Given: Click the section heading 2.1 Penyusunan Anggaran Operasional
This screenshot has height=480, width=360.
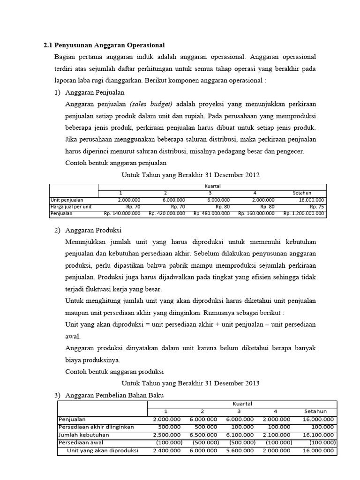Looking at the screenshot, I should [104, 45].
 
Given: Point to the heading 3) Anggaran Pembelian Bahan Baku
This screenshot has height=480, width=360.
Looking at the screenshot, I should [109, 395].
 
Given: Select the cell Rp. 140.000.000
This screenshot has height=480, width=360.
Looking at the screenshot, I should [122, 213].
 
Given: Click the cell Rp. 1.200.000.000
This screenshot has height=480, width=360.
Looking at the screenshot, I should [303, 213].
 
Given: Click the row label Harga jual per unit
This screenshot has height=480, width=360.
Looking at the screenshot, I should [71, 206].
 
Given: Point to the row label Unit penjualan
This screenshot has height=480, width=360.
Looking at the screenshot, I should [67, 200].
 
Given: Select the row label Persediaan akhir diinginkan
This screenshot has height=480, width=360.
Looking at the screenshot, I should [96, 427].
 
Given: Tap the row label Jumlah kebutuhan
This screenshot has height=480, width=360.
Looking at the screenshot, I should [81, 435].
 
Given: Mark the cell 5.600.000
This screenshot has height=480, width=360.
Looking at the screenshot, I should [240, 450].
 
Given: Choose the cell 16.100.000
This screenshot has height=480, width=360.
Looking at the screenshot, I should [319, 435].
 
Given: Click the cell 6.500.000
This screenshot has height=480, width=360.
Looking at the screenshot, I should [203, 435].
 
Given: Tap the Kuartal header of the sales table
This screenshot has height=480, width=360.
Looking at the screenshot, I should [212, 186].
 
